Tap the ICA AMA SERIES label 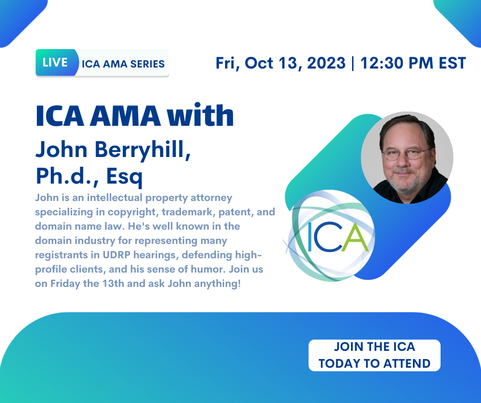coord(123,64)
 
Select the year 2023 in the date coord(326,63)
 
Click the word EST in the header coord(452,63)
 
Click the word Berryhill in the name coord(143,150)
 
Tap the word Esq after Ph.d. coord(124,177)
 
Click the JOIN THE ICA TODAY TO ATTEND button coord(374,355)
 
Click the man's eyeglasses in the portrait coord(406,153)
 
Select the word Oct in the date coord(258,63)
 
